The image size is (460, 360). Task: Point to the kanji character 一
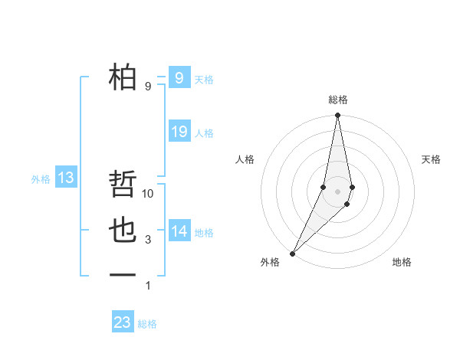coord(123,275)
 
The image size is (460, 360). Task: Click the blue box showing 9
coord(179,77)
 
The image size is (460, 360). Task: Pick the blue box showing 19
coord(179,132)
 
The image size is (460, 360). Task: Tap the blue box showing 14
coord(179,231)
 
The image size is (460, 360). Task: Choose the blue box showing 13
coord(66,178)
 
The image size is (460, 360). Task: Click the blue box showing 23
coord(122,322)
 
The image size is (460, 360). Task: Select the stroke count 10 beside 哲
coord(148,194)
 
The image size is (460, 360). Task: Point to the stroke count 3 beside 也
coord(148,240)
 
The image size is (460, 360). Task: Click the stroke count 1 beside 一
coord(148,286)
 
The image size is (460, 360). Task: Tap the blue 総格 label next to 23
coord(147,324)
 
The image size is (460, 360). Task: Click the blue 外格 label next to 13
coord(41,179)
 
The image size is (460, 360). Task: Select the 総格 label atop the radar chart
coord(337,100)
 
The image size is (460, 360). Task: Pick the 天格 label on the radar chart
coord(431,159)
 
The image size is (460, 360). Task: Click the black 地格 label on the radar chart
coord(402,262)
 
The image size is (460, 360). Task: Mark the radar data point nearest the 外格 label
coord(293,253)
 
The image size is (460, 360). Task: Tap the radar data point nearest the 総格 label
coord(337,115)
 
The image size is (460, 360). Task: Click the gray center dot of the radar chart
coord(337,191)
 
